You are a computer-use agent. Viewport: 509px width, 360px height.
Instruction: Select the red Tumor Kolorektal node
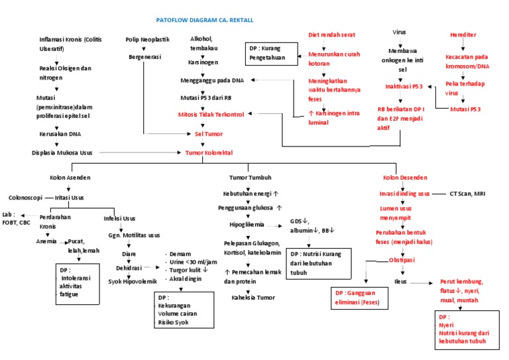pyautogui.click(x=209, y=152)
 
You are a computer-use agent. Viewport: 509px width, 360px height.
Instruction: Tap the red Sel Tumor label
pyautogui.click(x=208, y=133)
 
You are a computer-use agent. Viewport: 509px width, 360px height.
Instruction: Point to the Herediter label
pyautogui.click(x=463, y=35)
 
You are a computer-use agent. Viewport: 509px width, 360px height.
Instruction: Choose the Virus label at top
pyautogui.click(x=400, y=32)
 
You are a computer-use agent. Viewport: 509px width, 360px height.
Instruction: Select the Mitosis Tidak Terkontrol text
pyautogui.click(x=211, y=114)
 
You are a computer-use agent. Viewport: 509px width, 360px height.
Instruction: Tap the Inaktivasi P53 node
pyautogui.click(x=404, y=86)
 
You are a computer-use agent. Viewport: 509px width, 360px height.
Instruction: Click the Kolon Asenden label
pyautogui.click(x=70, y=178)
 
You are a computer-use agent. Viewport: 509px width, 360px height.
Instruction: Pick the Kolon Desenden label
pyautogui.click(x=406, y=178)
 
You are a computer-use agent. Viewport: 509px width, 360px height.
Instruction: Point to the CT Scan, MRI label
pyautogui.click(x=472, y=194)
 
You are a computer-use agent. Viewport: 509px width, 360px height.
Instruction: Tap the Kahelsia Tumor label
pyautogui.click(x=253, y=297)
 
